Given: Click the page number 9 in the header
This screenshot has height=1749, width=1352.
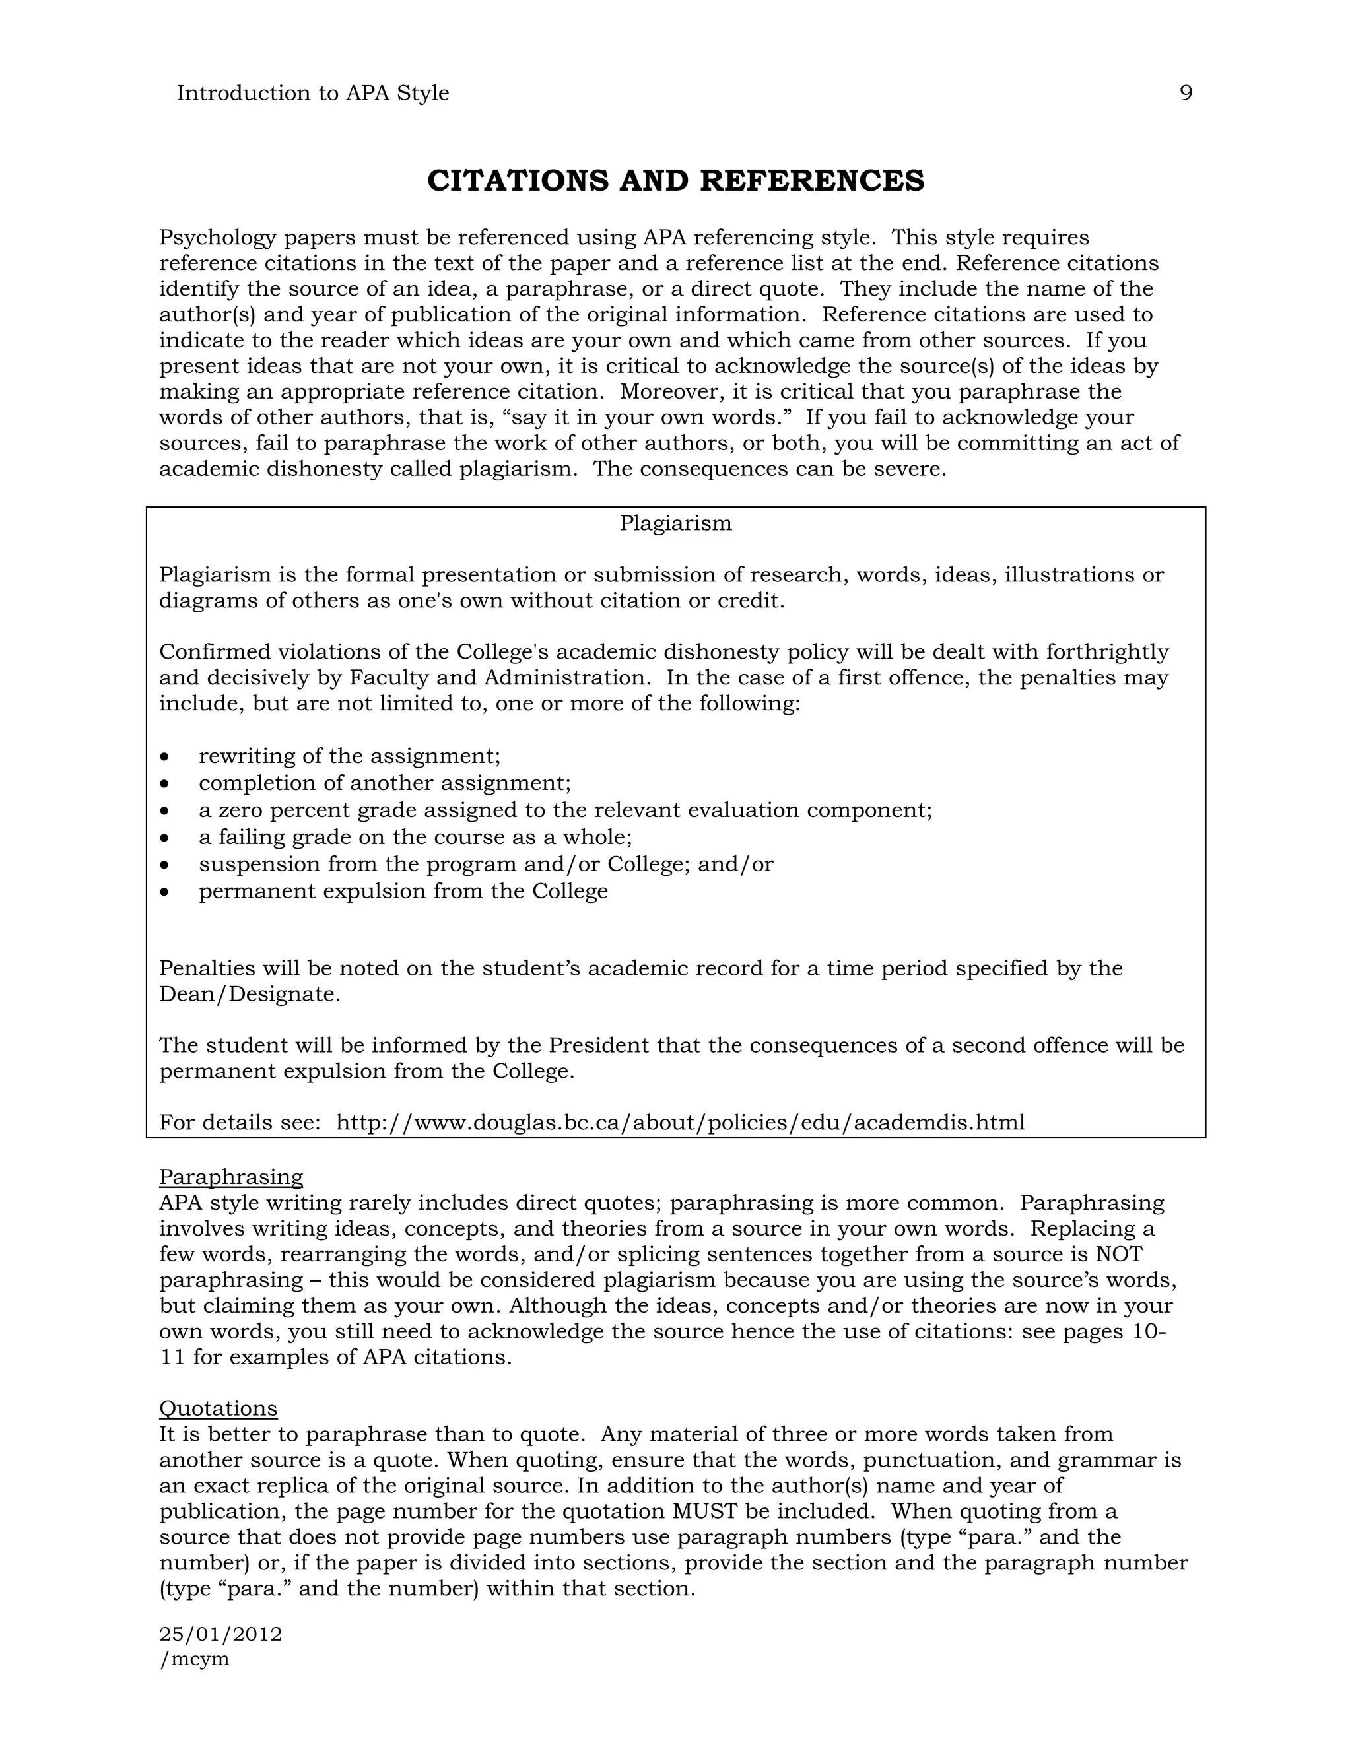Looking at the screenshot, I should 1186,94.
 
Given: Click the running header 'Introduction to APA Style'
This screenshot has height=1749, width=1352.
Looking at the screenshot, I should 312,94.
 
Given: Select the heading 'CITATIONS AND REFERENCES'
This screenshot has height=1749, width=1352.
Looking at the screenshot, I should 675,181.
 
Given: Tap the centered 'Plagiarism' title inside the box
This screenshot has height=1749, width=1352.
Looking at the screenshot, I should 675,524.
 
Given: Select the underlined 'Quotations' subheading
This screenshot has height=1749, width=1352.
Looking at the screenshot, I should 218,1408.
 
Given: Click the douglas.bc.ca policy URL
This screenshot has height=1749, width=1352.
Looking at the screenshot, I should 680,1123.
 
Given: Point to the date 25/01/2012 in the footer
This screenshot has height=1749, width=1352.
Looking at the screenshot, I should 220,1633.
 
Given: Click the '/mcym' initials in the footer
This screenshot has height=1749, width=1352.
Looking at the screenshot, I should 195,1659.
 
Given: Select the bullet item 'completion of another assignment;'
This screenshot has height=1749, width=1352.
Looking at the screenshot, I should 384,783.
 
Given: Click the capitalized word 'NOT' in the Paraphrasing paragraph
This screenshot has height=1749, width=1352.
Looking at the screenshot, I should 1119,1255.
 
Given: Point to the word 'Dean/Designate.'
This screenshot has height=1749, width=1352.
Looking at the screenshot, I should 250,995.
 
